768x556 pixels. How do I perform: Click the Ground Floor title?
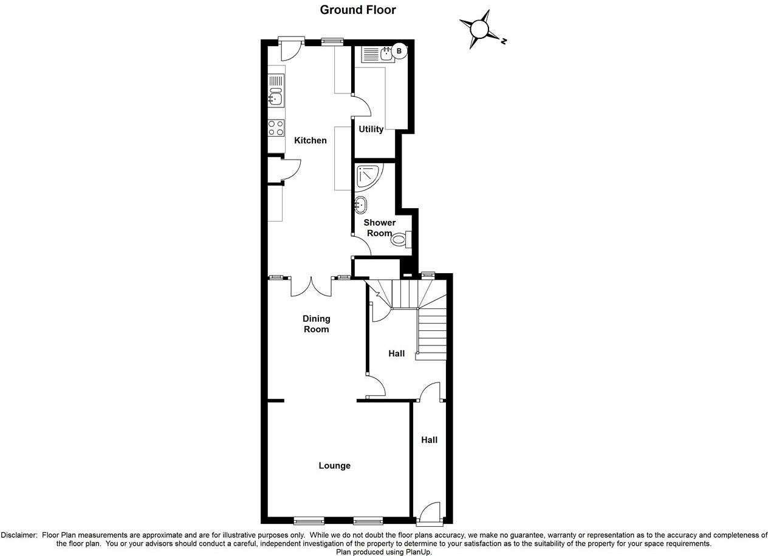click(358, 10)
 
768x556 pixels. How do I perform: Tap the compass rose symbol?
click(480, 29)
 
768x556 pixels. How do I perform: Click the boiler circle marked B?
click(399, 52)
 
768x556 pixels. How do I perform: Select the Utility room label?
click(371, 129)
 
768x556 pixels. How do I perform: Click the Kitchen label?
click(310, 140)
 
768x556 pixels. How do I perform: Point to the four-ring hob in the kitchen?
click(276, 127)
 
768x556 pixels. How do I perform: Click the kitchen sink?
click(276, 96)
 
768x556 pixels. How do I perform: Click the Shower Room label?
click(379, 228)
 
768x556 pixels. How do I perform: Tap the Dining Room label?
click(316, 324)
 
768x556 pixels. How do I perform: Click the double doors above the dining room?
click(311, 286)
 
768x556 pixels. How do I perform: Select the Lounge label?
click(334, 466)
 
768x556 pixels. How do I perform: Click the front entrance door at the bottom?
click(430, 513)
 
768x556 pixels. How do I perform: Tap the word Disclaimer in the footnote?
click(19, 535)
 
